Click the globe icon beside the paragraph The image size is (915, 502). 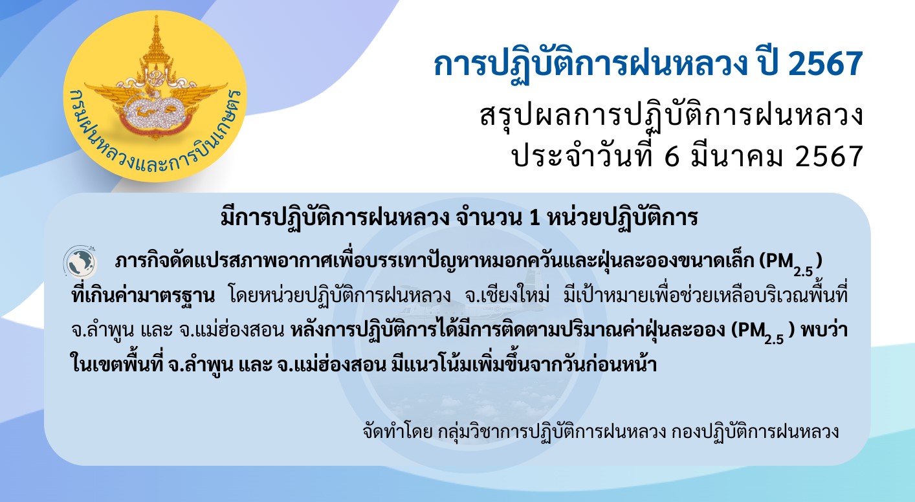[80, 262]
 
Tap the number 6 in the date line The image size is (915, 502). [671, 157]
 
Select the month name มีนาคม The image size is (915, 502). [736, 156]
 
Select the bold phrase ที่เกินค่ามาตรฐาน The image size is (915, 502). [143, 295]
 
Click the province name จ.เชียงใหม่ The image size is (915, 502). [507, 296]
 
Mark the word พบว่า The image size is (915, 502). [824, 330]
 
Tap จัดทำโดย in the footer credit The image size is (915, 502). [397, 431]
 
